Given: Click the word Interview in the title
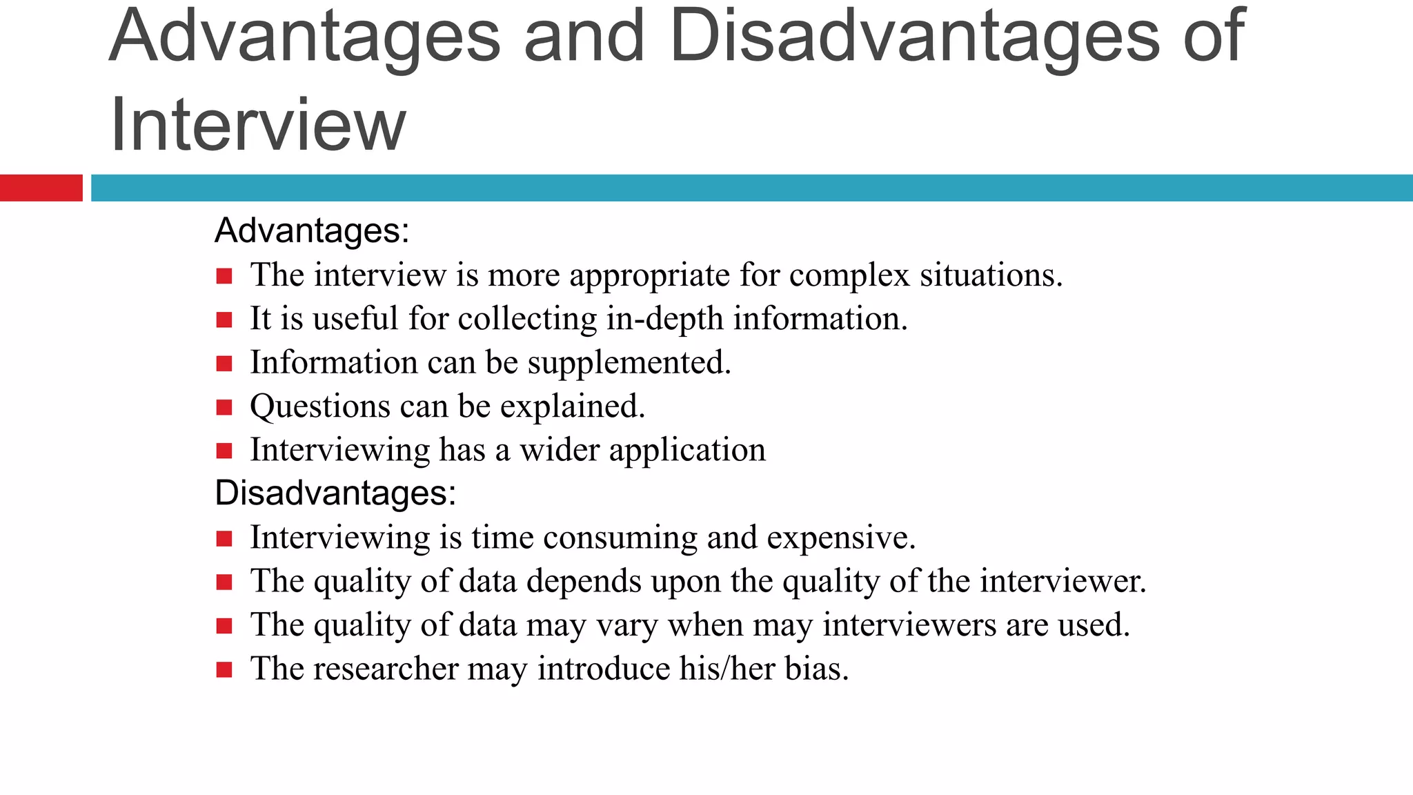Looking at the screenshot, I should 257,125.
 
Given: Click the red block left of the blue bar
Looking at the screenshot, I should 41,188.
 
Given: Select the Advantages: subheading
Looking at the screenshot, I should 312,230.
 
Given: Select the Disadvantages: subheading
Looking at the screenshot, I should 335,493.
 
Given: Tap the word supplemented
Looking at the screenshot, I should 629,363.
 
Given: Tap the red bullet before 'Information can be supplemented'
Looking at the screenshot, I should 224,364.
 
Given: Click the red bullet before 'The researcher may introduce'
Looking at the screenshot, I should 224,669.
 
